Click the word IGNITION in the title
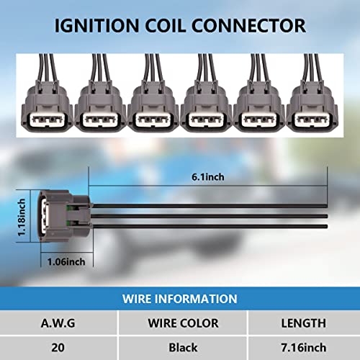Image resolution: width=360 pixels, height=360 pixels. pyautogui.click(x=97, y=26)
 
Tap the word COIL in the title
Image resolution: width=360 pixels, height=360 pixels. pyautogui.click(x=166, y=26)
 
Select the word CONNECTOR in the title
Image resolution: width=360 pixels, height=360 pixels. pyautogui.click(x=248, y=26)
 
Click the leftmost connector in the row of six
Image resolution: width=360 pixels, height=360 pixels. pyautogui.click(x=47, y=94)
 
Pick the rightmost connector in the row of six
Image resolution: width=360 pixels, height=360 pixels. pyautogui.click(x=312, y=94)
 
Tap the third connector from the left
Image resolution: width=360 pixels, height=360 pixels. pyautogui.click(x=153, y=94)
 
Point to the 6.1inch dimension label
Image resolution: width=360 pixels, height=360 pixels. pyautogui.click(x=208, y=177)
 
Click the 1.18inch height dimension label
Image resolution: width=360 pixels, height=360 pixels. pyautogui.click(x=22, y=217)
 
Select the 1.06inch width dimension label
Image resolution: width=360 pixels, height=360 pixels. pyautogui.click(x=66, y=262)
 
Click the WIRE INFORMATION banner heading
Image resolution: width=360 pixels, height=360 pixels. pyautogui.click(x=180, y=299)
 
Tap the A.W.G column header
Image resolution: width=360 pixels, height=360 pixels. pyautogui.click(x=58, y=323)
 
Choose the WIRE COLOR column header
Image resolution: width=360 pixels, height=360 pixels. pyautogui.click(x=183, y=323)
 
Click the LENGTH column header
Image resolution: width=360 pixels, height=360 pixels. pyautogui.click(x=304, y=323)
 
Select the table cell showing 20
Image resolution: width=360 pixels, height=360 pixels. pyautogui.click(x=58, y=348)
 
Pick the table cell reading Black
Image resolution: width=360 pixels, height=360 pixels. pyautogui.click(x=183, y=348)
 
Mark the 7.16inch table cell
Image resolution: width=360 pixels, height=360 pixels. pyautogui.click(x=304, y=348)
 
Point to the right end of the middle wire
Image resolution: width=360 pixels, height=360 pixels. pyautogui.click(x=328, y=216)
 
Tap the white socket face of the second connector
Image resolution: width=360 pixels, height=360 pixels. pyautogui.click(x=100, y=120)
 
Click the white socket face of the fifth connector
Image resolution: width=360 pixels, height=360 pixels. pyautogui.click(x=259, y=120)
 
